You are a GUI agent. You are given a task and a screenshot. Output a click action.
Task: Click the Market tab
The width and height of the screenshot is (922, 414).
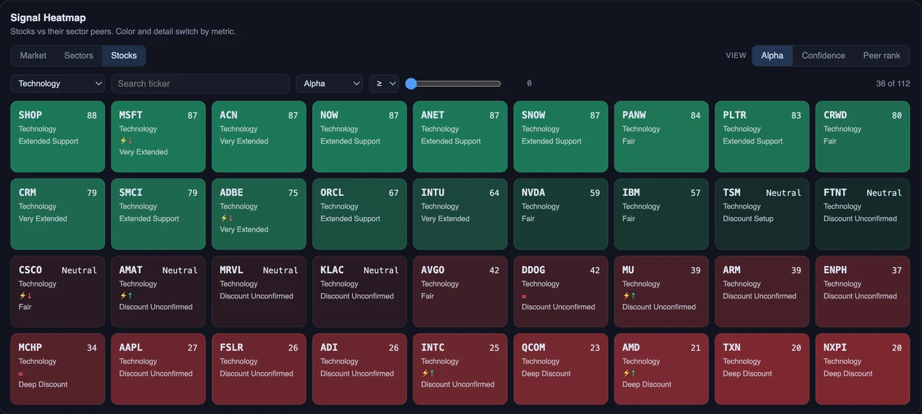(33, 55)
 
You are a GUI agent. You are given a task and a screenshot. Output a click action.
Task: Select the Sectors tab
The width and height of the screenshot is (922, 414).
(78, 55)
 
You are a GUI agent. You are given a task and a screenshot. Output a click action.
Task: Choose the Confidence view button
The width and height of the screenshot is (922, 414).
(823, 55)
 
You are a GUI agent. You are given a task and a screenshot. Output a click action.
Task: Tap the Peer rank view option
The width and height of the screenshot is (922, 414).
(881, 55)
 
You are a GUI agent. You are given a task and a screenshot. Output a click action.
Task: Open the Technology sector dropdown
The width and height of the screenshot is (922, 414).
(58, 84)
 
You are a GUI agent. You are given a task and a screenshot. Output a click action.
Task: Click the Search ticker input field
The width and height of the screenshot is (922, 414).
(200, 84)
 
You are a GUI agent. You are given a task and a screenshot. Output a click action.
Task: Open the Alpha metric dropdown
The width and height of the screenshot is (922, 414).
(329, 84)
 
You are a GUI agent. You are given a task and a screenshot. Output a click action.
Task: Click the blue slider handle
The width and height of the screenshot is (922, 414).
(411, 84)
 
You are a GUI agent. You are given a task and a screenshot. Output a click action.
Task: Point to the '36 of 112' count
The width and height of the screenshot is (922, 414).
(893, 84)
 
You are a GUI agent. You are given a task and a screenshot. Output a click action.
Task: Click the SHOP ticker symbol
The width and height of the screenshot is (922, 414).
(30, 115)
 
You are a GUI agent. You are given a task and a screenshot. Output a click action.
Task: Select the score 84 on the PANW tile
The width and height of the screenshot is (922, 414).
(695, 116)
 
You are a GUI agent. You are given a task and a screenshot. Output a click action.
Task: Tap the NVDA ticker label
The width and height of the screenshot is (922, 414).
(533, 193)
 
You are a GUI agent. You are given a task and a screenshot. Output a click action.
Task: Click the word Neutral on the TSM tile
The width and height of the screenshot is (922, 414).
(783, 193)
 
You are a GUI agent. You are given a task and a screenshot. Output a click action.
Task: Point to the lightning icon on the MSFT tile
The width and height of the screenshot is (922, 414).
(122, 140)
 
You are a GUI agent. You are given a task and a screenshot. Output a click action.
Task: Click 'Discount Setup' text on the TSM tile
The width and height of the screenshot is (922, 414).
(748, 219)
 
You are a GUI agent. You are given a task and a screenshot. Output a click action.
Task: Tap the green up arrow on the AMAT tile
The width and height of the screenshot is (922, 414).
(130, 295)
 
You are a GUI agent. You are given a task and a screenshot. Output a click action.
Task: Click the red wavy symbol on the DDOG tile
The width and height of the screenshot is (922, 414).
(524, 296)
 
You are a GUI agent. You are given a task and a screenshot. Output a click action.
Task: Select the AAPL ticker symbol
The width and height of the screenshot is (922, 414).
(130, 348)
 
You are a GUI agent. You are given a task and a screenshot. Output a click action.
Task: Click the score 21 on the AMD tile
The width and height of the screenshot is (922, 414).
(695, 348)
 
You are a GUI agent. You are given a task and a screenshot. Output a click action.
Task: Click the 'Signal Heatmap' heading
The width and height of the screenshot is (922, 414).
(47, 18)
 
